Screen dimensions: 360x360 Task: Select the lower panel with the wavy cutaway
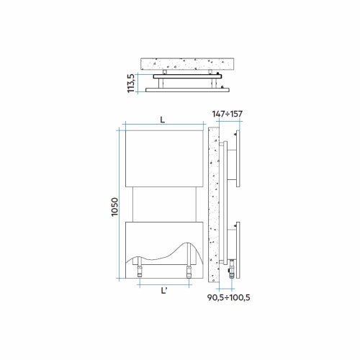click(162, 238)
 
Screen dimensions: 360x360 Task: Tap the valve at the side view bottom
click(231, 272)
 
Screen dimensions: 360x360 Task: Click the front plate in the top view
click(186, 89)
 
